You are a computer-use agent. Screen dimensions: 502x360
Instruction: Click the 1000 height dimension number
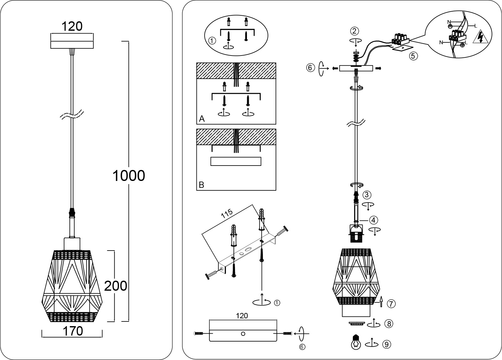(x=129, y=176)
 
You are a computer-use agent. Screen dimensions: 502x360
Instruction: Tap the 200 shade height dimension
(x=116, y=286)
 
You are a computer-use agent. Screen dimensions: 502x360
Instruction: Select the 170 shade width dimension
(x=73, y=331)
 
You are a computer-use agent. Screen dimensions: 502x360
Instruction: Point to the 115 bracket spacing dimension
(x=227, y=214)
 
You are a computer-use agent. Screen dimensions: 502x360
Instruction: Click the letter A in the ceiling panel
(x=202, y=119)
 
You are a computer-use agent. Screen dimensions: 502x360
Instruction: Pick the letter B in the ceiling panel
(x=201, y=185)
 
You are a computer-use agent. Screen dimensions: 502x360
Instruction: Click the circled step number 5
(x=413, y=56)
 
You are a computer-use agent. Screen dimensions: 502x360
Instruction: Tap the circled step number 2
(x=354, y=31)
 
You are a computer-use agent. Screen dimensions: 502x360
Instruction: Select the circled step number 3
(x=367, y=195)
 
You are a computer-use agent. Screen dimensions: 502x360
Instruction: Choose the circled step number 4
(x=373, y=220)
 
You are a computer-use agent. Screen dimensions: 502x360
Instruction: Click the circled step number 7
(x=391, y=304)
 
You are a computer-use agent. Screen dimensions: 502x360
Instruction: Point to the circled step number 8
(x=389, y=324)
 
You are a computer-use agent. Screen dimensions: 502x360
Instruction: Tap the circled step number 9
(x=387, y=344)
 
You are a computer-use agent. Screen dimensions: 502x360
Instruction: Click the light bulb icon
(x=356, y=342)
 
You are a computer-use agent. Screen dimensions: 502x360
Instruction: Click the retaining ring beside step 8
(x=357, y=324)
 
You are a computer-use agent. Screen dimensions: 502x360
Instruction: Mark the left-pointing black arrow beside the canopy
(x=335, y=68)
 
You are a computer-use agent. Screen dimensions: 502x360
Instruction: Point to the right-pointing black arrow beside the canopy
(x=378, y=68)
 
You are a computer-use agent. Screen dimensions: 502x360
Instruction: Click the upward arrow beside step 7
(x=381, y=301)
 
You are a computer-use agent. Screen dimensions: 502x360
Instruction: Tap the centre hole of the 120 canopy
(x=243, y=334)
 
